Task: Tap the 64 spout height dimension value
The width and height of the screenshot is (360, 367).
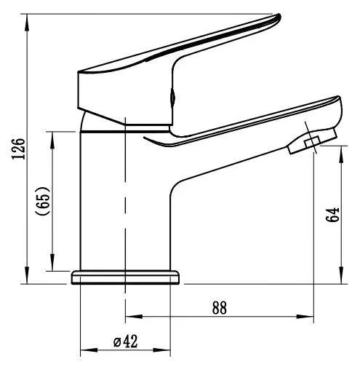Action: coord(334,215)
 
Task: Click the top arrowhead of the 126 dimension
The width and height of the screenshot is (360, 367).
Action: coord(28,17)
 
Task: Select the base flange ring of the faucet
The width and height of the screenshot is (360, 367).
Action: coord(126,277)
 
